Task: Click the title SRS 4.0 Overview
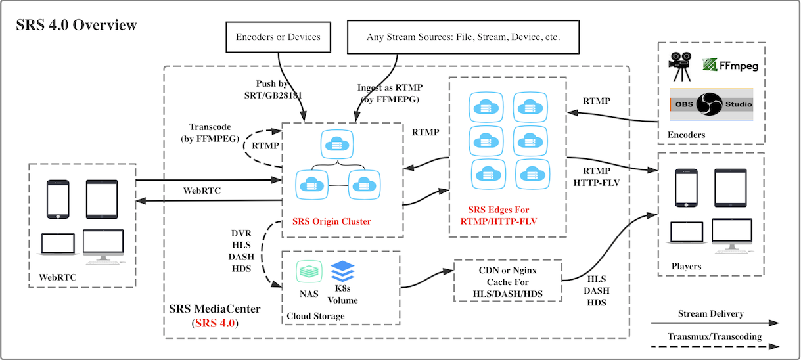click(76, 26)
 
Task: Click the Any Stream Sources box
click(463, 37)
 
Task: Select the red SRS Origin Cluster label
click(332, 221)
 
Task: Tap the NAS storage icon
click(308, 271)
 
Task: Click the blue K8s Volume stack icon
click(342, 271)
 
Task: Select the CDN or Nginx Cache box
click(508, 281)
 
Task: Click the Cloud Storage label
click(315, 316)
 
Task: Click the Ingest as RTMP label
click(390, 93)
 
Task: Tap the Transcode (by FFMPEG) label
click(208, 133)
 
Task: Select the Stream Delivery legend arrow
click(715, 323)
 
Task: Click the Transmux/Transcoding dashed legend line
click(715, 346)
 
